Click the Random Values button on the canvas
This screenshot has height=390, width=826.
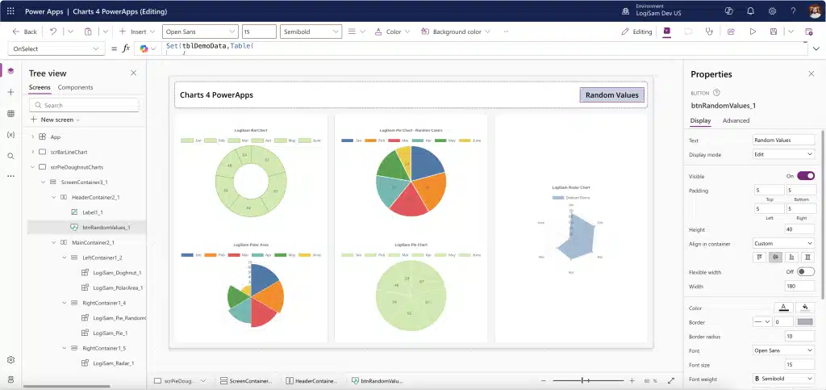[611, 95]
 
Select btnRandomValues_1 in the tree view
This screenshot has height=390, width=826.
[106, 227]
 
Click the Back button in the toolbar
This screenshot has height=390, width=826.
[25, 31]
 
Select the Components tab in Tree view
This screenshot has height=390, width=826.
[75, 87]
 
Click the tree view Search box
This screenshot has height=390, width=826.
[84, 105]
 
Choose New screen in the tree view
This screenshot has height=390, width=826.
[56, 120]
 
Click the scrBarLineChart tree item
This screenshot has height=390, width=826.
[69, 152]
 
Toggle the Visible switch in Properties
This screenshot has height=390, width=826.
[805, 175]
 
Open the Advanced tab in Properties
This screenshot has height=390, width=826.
[736, 120]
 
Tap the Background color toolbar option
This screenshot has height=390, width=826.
[457, 31]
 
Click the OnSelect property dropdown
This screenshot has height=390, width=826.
[54, 48]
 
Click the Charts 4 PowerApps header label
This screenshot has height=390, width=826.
[216, 95]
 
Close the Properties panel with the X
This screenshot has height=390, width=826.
[811, 73]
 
